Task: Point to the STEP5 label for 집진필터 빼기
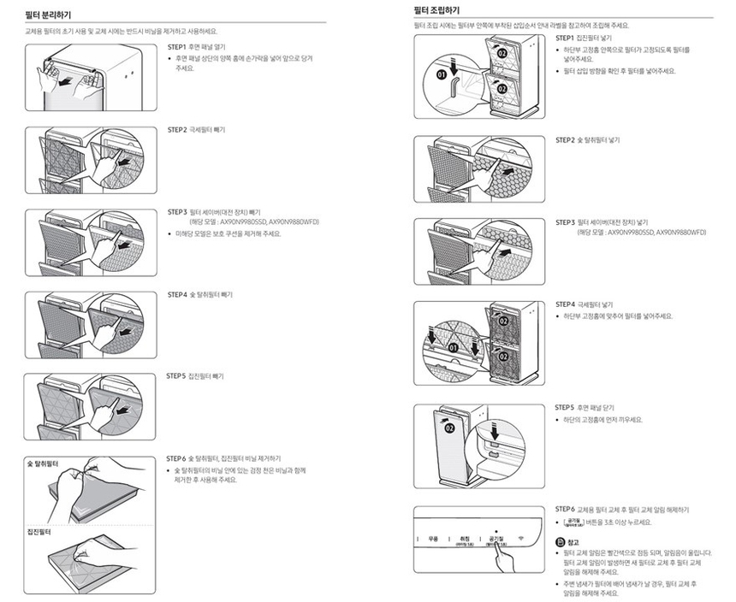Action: coord(176,376)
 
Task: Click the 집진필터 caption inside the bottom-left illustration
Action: coord(39,532)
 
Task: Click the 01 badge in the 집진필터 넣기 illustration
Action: coord(442,75)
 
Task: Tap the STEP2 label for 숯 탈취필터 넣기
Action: coord(565,139)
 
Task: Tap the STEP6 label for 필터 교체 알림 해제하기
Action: coord(565,509)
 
